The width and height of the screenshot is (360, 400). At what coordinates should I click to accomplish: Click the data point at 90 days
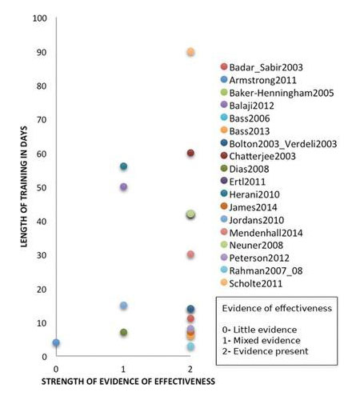(190, 52)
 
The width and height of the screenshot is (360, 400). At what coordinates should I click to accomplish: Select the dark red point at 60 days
(190, 153)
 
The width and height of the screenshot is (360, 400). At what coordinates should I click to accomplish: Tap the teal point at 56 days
(124, 166)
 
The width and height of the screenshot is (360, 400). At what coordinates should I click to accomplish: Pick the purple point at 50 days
(124, 186)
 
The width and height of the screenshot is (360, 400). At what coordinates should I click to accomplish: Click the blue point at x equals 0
(56, 342)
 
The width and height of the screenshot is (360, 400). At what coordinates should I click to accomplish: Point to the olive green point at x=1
(124, 332)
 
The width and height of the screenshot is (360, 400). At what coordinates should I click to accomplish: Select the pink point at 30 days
(190, 254)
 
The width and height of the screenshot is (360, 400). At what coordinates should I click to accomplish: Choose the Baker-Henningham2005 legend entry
(278, 93)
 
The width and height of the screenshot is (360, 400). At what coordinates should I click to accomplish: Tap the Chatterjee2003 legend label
(263, 157)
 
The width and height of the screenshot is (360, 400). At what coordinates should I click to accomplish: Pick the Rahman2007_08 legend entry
(269, 270)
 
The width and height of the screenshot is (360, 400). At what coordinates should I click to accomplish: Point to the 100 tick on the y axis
(38, 18)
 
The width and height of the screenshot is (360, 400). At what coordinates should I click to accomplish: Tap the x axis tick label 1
(123, 368)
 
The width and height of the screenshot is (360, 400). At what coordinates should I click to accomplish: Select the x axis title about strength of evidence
(127, 382)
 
